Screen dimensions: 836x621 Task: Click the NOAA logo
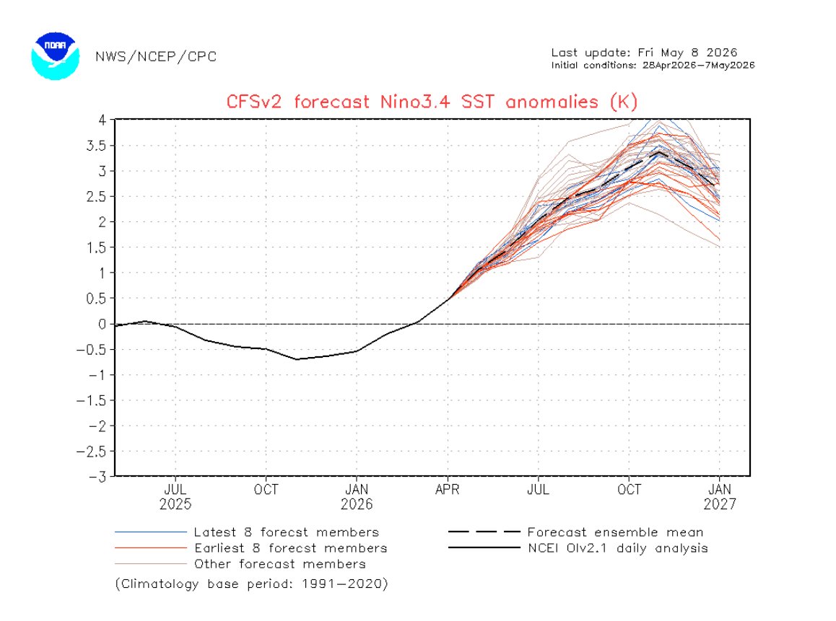click(x=56, y=56)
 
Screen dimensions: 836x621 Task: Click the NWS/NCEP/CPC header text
click(x=156, y=56)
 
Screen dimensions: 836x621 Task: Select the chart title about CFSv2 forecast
click(x=432, y=101)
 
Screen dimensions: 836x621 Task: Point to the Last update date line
click(x=644, y=52)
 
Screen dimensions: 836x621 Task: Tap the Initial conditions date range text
click(x=653, y=65)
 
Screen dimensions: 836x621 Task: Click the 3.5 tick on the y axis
click(x=96, y=146)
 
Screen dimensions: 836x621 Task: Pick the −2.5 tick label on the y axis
click(x=91, y=452)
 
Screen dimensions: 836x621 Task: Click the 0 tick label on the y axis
click(x=103, y=324)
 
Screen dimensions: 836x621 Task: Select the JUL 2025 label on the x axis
click(x=175, y=496)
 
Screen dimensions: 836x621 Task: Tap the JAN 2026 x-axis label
click(x=357, y=496)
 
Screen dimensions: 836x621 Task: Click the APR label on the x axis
click(x=448, y=489)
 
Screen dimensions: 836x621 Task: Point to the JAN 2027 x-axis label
click(x=720, y=496)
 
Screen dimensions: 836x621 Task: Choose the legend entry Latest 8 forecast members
click(x=247, y=532)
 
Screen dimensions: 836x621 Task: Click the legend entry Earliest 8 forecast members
click(x=251, y=548)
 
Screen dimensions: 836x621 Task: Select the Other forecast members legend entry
click(x=240, y=564)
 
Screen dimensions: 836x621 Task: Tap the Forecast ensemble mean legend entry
click(x=576, y=532)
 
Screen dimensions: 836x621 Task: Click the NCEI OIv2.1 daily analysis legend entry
click(x=578, y=548)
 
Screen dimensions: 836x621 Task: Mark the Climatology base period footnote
click(x=252, y=583)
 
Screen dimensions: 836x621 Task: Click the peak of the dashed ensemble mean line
click(x=660, y=152)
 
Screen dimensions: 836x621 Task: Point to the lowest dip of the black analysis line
click(x=297, y=359)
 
